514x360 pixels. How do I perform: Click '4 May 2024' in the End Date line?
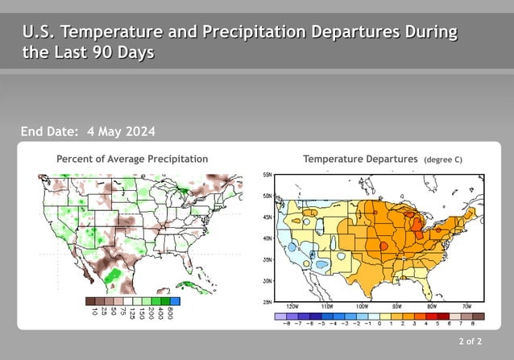[x=121, y=131]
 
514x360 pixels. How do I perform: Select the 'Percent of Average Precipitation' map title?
[x=132, y=159]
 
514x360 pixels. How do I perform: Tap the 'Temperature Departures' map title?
[x=360, y=159]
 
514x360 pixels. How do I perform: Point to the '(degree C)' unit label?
[x=442, y=160]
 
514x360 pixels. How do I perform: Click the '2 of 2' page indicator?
[x=470, y=342]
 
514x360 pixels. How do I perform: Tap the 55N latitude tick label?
[x=267, y=174]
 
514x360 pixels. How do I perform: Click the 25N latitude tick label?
[x=267, y=302]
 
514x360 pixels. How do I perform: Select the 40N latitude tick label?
[x=267, y=238]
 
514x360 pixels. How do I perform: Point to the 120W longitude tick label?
[x=292, y=307]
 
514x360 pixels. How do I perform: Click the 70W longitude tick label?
[x=466, y=307]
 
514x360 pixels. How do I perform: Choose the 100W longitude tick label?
[x=362, y=307]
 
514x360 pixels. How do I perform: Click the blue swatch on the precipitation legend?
[x=175, y=301]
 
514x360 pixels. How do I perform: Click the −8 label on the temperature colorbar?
[x=286, y=324]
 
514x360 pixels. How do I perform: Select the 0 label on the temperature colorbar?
[x=379, y=324]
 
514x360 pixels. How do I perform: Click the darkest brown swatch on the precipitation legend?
[x=89, y=301]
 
